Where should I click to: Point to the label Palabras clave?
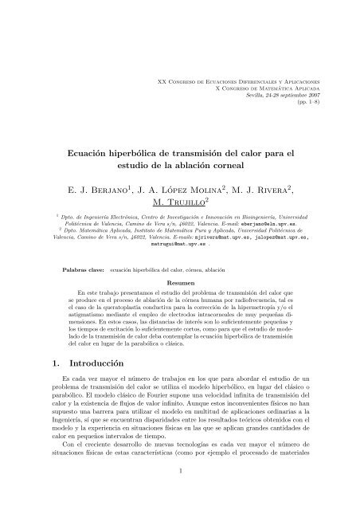click(87, 271)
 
